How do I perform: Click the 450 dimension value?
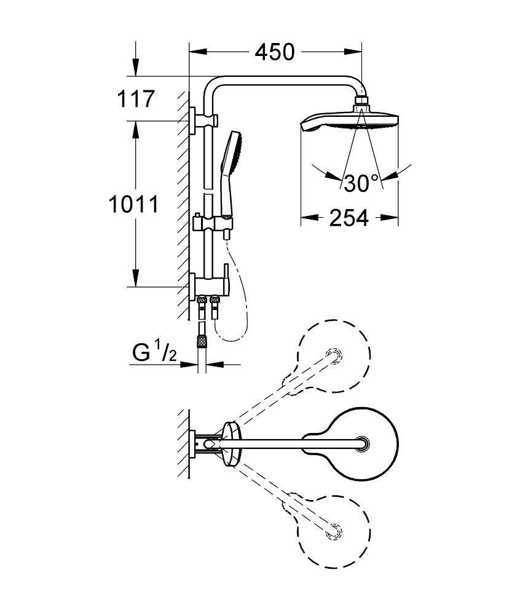[275, 52]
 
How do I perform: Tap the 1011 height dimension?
[133, 204]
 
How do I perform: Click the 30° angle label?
[361, 183]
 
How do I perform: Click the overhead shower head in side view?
[348, 121]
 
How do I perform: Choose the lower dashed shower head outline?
[334, 527]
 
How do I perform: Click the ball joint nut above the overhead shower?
[363, 102]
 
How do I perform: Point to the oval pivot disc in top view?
[230, 442]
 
